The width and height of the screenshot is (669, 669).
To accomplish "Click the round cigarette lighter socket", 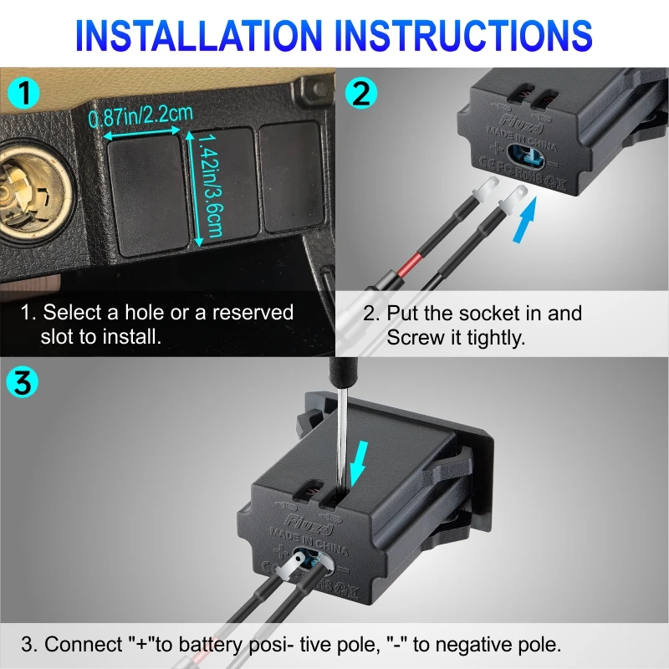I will pyautogui.click(x=25, y=184).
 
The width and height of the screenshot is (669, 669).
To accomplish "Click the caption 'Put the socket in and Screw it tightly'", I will pyautogui.click(x=473, y=325).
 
